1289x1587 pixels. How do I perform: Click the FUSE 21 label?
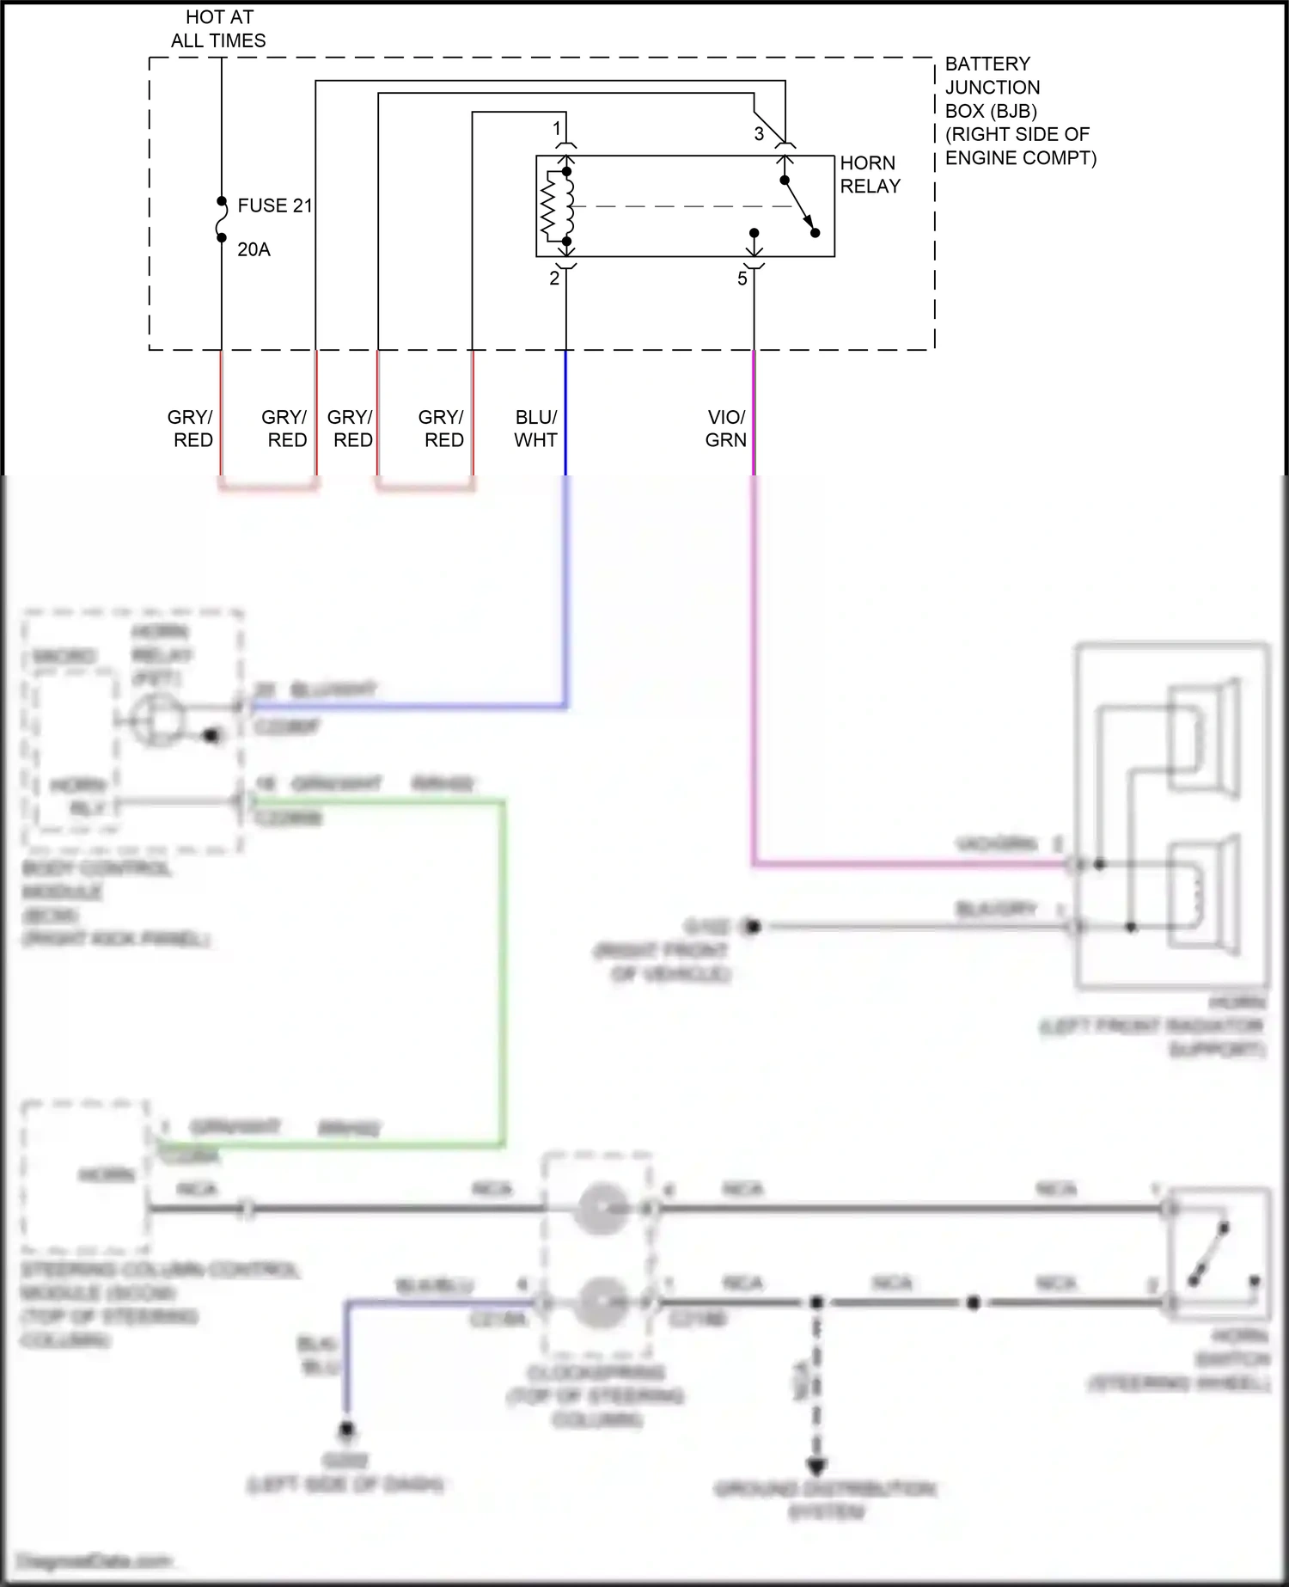point(274,205)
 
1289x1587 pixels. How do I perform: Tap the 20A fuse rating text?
point(254,249)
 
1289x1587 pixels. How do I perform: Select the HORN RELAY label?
point(870,175)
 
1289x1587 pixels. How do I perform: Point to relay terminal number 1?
point(557,129)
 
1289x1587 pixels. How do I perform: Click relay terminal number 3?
point(759,134)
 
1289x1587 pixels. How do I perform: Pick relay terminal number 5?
point(742,279)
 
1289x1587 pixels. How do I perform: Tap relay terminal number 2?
point(554,279)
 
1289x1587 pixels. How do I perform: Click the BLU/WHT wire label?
point(535,428)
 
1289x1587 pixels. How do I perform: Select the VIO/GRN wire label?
point(725,428)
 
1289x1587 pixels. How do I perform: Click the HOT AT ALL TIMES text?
point(218,28)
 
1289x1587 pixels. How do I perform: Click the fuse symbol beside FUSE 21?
point(222,219)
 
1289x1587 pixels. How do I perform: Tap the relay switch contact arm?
point(799,206)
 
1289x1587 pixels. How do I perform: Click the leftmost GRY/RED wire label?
point(191,428)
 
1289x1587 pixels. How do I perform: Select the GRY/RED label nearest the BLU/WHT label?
point(441,428)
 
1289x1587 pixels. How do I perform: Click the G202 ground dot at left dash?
point(346,1431)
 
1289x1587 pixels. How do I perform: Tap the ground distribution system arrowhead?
point(816,1466)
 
